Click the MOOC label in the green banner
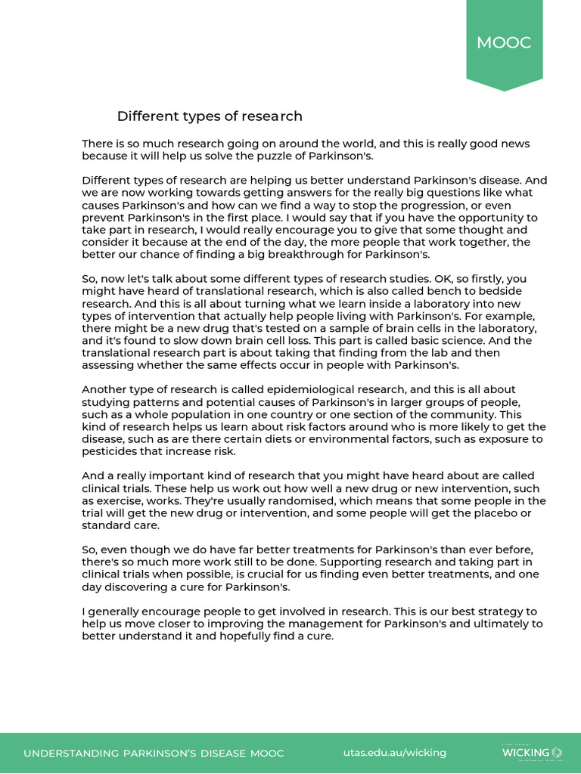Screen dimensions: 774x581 pos(504,43)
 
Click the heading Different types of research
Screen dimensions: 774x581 pos(210,116)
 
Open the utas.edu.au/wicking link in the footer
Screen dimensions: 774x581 pos(394,753)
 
